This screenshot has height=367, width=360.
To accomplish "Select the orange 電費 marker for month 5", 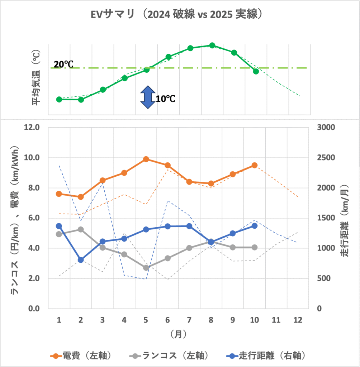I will click(146, 159).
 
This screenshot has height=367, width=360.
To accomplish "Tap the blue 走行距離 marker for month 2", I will click(81, 260).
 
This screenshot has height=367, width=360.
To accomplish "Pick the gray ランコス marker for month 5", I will click(146, 268).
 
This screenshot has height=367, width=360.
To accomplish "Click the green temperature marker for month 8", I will click(212, 45).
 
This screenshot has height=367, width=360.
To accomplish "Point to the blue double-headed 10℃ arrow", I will click(146, 97).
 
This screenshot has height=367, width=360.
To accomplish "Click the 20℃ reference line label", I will click(63, 65).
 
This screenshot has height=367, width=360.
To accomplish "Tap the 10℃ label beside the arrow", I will click(165, 98).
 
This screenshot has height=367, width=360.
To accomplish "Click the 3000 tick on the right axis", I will click(326, 127).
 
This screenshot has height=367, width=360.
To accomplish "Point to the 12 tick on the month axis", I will click(298, 320).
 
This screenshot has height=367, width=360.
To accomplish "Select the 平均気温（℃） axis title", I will click(36, 77).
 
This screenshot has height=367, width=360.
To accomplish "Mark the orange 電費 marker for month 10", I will click(254, 165).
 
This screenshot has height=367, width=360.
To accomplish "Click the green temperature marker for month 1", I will click(59, 99).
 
